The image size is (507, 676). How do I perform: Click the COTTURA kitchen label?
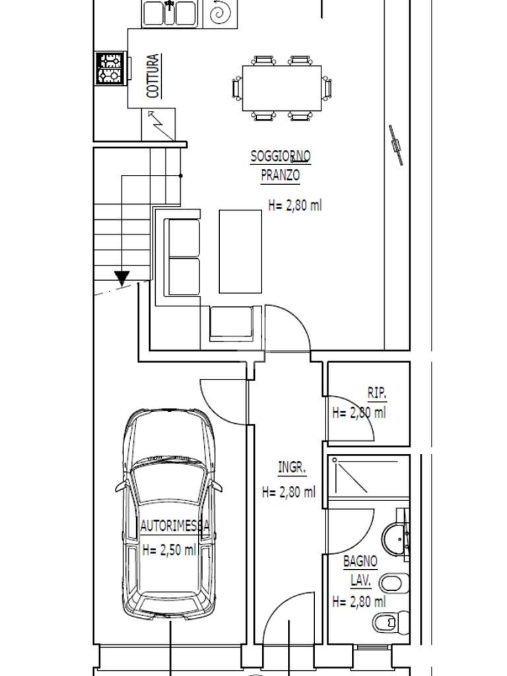[153, 76]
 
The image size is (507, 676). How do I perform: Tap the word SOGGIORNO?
[280, 156]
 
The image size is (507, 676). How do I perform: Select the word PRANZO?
[280, 175]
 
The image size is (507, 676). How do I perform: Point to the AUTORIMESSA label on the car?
[175, 526]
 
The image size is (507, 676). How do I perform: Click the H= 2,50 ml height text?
[170, 550]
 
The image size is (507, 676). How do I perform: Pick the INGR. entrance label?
[292, 467]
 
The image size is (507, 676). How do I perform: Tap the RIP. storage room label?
[377, 393]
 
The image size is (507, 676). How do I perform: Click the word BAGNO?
[360, 561]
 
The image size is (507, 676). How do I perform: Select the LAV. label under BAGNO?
[360, 581]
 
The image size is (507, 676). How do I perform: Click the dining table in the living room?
[281, 88]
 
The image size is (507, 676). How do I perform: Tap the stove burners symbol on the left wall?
[110, 68]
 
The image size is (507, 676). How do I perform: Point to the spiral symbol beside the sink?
[220, 13]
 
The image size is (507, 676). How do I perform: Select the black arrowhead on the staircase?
[122, 278]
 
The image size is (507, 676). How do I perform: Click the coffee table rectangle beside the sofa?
[240, 252]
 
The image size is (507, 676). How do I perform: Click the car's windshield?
[170, 481]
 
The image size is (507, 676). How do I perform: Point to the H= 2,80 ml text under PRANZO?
[295, 205]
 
